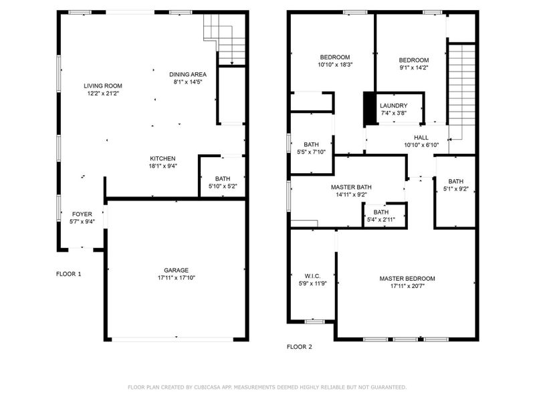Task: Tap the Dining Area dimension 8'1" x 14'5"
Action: pyautogui.click(x=187, y=82)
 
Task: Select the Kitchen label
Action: pyautogui.click(x=163, y=158)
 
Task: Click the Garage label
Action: pyautogui.click(x=177, y=270)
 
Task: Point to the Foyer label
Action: pyautogui.click(x=82, y=214)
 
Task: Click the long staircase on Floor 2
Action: pyautogui.click(x=460, y=90)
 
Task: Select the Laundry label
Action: pyautogui.click(x=393, y=106)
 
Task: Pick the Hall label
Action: pyautogui.click(x=421, y=137)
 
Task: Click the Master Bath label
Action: pyautogui.click(x=351, y=188)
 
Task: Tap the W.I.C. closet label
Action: pyautogui.click(x=312, y=275)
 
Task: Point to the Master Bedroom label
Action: pyautogui.click(x=407, y=279)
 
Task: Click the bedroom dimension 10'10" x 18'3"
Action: pyautogui.click(x=335, y=65)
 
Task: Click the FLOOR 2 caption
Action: pyautogui.click(x=300, y=347)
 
